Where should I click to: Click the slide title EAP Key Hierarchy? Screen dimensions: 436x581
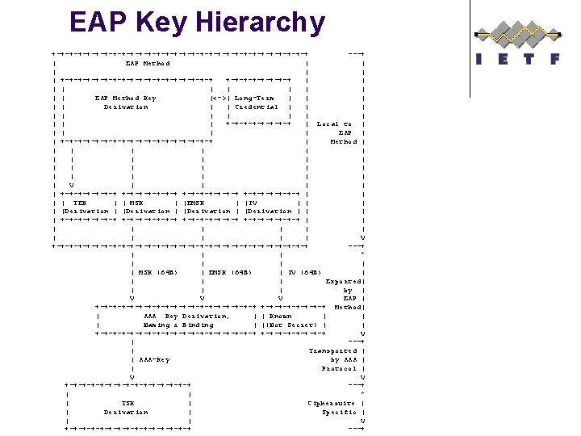point(197,22)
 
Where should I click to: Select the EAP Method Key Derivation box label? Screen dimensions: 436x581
point(126,103)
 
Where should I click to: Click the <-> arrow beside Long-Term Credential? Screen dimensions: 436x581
point(219,99)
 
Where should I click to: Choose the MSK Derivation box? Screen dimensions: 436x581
point(148,207)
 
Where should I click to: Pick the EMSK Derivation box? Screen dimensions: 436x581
point(208,207)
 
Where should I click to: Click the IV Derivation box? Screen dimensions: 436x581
point(270,207)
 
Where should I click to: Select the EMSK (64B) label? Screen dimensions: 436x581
point(230,272)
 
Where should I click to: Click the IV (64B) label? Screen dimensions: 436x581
point(305,272)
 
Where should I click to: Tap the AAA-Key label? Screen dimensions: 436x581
point(154,359)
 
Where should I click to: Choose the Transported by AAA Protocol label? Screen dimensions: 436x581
point(334,359)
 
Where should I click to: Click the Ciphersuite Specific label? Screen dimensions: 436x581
point(332,407)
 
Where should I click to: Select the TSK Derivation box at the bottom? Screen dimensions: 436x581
point(126,407)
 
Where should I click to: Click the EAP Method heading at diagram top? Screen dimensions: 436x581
point(148,63)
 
